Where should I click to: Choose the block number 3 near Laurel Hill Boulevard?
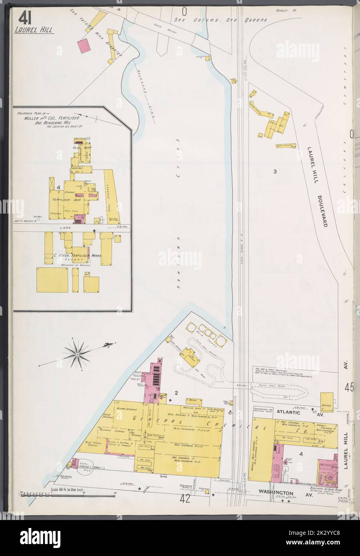click(x=275, y=172)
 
